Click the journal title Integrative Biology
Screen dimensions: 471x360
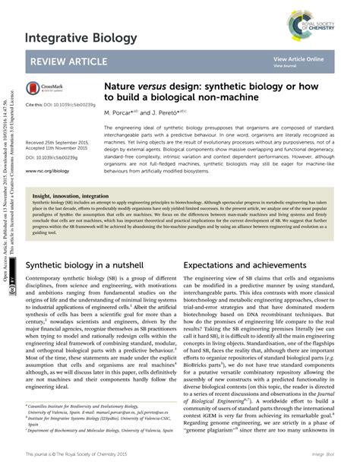point(81,37)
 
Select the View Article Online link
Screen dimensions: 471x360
point(298,58)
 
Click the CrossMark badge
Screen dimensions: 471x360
point(44,89)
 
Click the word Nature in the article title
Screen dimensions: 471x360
point(121,88)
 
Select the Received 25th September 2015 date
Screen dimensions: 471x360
point(61,142)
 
